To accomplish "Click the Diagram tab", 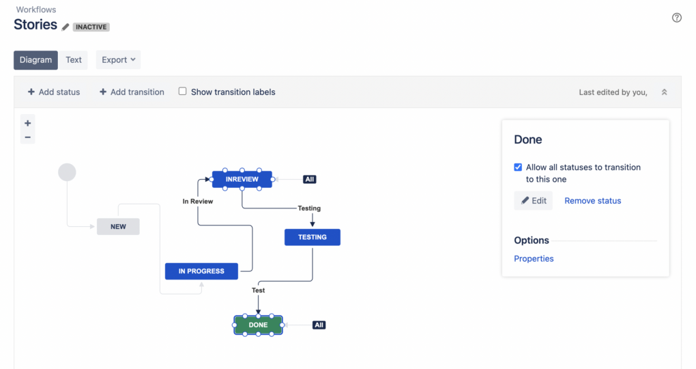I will (x=35, y=60).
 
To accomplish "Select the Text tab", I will (x=74, y=60).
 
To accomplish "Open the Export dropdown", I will (x=118, y=60).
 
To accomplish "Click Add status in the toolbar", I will (x=54, y=92).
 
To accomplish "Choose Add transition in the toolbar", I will (x=132, y=92).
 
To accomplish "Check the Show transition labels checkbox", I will (x=183, y=92).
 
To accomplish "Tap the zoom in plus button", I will (x=28, y=124).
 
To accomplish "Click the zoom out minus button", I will (x=28, y=137).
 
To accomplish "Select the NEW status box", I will (x=118, y=226).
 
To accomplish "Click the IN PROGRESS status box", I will (x=201, y=271).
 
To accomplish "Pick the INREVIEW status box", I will (x=242, y=180).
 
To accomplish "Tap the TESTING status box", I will (x=312, y=237).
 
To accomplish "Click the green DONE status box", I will (x=258, y=325).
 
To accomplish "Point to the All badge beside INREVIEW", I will (x=310, y=180).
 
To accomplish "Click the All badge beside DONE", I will (x=319, y=325).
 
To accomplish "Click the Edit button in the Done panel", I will (x=534, y=201).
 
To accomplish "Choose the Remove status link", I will (x=592, y=201).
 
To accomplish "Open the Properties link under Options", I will (x=534, y=259).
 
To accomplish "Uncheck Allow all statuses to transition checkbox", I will (x=519, y=167).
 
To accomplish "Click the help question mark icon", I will (x=677, y=18).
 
